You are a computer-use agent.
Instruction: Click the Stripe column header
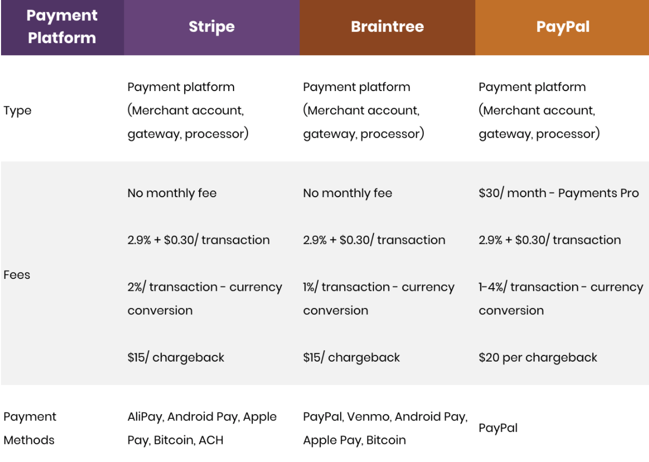[x=212, y=27]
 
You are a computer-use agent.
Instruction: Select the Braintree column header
[x=387, y=27]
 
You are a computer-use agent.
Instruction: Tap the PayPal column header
[x=563, y=27]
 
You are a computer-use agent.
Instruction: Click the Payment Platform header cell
[x=62, y=27]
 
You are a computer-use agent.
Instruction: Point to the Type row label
[x=17, y=111]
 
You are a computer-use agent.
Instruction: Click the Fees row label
[x=17, y=275]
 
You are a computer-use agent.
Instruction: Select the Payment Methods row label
[x=30, y=428]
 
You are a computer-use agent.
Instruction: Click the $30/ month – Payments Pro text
[x=559, y=193]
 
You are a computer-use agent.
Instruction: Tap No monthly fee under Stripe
[x=172, y=193]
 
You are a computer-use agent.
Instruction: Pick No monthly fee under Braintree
[x=348, y=193]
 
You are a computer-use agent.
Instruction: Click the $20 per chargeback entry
[x=538, y=357]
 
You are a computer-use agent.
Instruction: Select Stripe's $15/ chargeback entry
[x=176, y=357]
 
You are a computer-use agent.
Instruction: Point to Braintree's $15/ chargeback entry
[x=352, y=357]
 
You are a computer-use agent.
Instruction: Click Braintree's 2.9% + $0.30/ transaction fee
[x=374, y=240]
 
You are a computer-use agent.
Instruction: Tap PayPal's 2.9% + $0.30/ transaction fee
[x=550, y=240]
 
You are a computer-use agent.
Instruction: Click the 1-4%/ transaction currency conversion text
[x=561, y=299]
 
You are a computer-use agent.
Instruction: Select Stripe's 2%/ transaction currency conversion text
[x=204, y=299]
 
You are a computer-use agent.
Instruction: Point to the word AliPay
[x=146, y=417]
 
